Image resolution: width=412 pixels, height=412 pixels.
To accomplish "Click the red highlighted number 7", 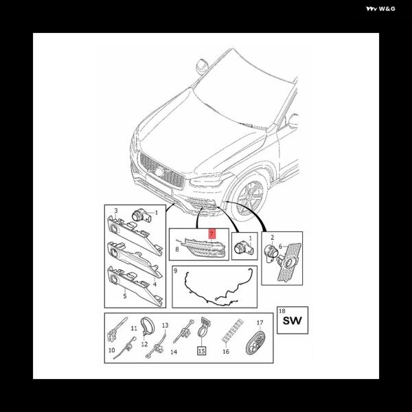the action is [x=211, y=233].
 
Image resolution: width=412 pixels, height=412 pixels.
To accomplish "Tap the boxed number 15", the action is [x=201, y=350].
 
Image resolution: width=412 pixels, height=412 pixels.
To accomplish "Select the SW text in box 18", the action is [x=293, y=321].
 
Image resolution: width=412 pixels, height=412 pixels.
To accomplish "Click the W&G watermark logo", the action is [x=380, y=9].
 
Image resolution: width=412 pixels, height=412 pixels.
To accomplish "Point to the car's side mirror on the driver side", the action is [x=202, y=66].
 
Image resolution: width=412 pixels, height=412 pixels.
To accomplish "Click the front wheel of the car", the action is [x=250, y=198].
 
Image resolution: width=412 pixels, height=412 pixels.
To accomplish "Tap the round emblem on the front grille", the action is [x=159, y=172].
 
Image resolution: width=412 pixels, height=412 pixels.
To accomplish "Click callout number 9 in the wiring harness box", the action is [x=176, y=271].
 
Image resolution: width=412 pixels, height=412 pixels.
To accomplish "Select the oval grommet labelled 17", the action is [x=255, y=343].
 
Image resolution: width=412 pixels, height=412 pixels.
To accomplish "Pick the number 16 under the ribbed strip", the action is [x=226, y=352].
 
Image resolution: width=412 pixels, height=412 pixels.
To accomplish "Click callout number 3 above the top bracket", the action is [x=116, y=211].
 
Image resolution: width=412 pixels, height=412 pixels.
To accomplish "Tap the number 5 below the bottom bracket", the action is [x=125, y=296].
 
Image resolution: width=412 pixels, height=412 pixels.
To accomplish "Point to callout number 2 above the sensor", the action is [x=273, y=238].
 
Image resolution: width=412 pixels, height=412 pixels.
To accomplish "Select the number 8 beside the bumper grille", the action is [x=177, y=249].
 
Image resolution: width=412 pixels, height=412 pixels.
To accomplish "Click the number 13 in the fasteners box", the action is [x=165, y=325].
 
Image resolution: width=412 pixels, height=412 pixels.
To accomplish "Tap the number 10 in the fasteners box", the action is [x=112, y=350].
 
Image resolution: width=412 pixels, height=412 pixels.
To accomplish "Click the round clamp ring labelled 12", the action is [x=148, y=325].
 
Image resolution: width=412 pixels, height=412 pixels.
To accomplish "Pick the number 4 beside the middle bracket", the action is [x=154, y=284].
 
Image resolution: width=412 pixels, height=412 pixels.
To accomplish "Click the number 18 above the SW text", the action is [x=282, y=311].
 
